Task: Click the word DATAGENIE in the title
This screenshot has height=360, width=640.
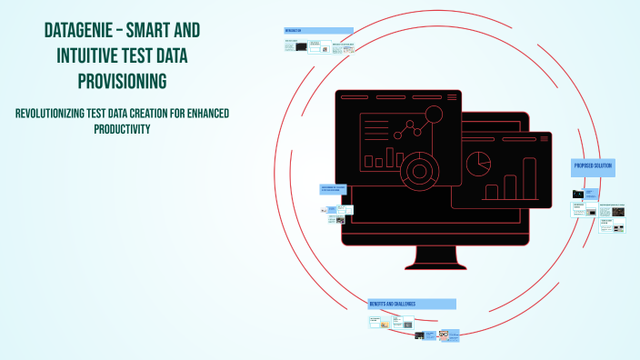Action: click(79, 31)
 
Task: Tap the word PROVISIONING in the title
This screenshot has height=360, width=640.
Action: click(123, 81)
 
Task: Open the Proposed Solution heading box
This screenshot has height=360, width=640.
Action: click(593, 166)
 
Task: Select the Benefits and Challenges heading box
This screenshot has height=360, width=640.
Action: click(411, 304)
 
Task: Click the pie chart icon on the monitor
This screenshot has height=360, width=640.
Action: click(478, 164)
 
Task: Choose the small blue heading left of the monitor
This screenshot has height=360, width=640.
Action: click(334, 189)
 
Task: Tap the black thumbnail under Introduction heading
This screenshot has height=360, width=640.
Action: click(301, 46)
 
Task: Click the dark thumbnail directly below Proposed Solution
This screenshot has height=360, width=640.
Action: click(578, 194)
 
